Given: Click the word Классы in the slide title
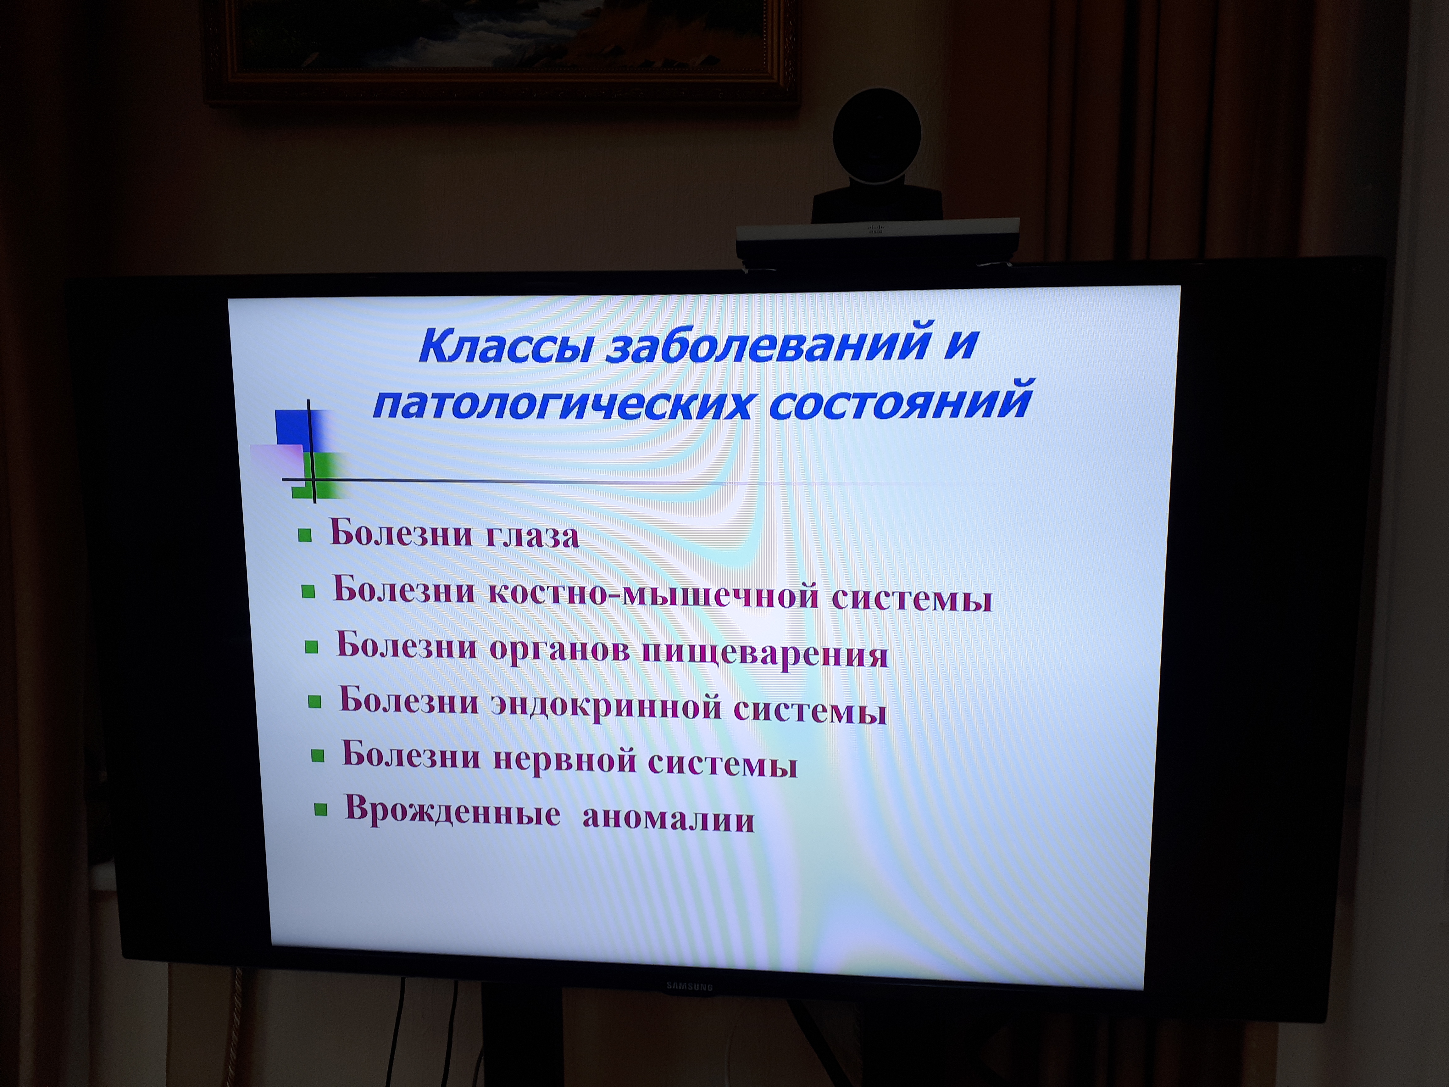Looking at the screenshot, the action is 504,346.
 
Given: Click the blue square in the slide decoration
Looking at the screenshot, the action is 293,427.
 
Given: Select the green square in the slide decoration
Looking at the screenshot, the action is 321,475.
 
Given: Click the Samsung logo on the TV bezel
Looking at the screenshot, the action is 689,986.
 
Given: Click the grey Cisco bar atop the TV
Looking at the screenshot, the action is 878,241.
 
